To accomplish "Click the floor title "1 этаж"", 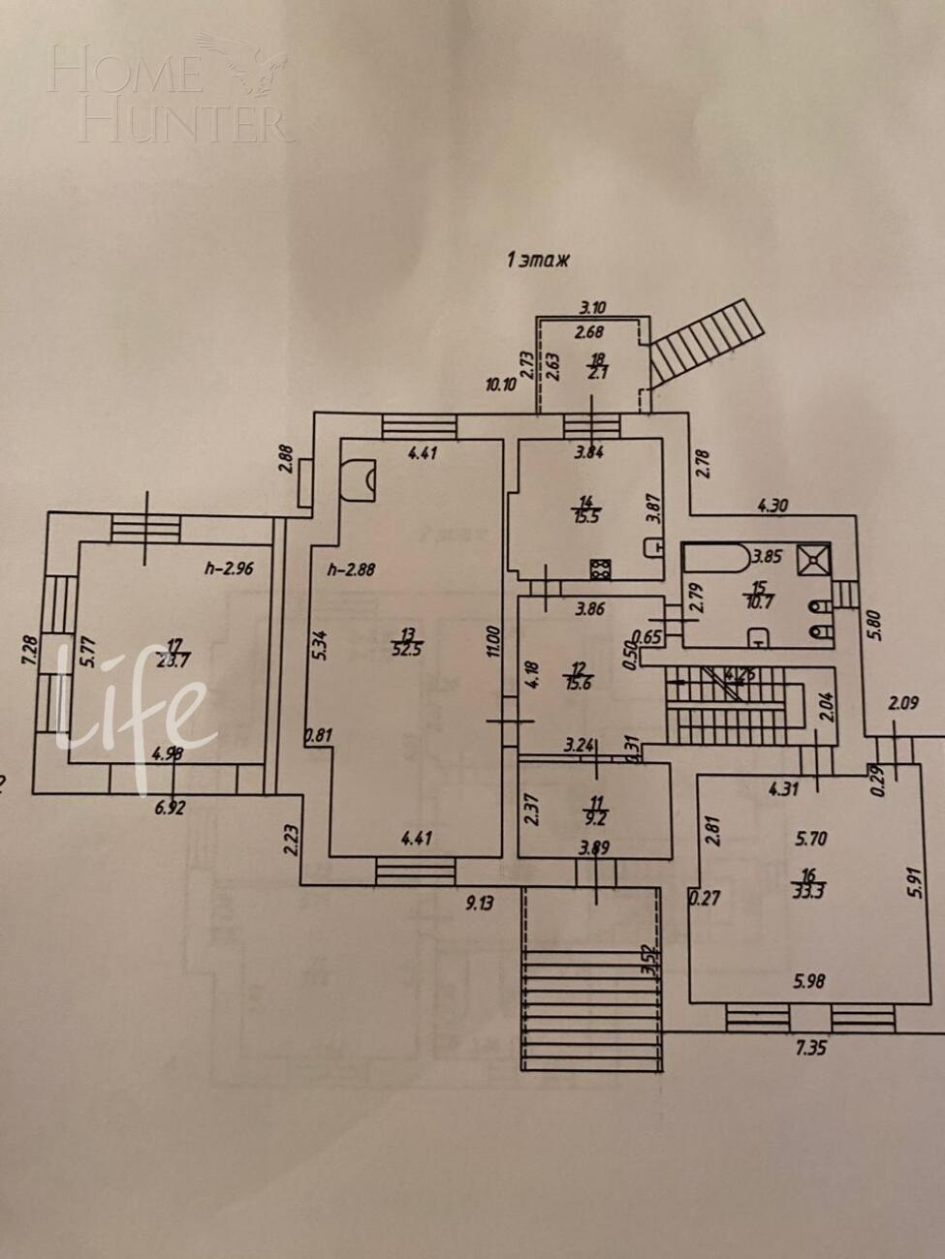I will pos(537,260).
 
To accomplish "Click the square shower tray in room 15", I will pos(812,560).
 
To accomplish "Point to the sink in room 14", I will pos(653,547).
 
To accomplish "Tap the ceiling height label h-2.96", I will pos(229,568).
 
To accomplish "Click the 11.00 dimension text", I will pos(492,640).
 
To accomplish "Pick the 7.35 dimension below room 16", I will pos(810,1047).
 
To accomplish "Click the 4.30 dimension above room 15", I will pos(773,505).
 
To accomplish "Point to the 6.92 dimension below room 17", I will pos(171,805).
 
